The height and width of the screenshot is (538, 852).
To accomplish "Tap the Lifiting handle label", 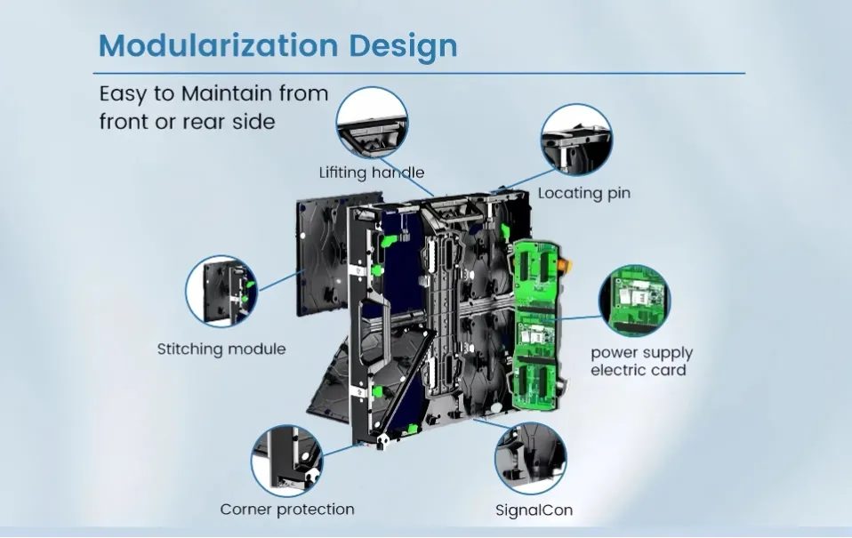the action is pos(372,173).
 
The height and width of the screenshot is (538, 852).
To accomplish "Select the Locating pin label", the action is pos(584,194).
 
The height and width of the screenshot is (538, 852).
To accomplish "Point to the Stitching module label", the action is pos(221,349).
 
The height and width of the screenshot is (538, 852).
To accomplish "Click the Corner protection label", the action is pos(287,510).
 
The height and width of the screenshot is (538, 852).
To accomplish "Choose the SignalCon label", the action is pos(534,510).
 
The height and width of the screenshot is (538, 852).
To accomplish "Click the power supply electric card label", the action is pos(642,361).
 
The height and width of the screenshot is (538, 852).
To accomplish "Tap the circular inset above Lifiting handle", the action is pos(373,124).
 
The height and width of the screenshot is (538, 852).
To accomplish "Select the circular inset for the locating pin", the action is pos(576,140).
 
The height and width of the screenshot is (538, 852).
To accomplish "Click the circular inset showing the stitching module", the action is pos(221,292).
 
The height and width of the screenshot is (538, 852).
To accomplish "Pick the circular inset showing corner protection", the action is pos(287,461).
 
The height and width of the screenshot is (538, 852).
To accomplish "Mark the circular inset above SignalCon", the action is pos(531,458).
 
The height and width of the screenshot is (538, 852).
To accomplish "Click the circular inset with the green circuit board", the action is pos(635,301).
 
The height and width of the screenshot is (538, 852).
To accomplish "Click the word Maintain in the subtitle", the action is pos(227,93).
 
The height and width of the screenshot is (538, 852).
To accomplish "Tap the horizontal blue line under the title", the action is pos(419,73).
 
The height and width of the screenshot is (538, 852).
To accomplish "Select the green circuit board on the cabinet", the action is pos(536,325).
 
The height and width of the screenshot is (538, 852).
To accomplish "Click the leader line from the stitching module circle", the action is pos(280,280).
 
